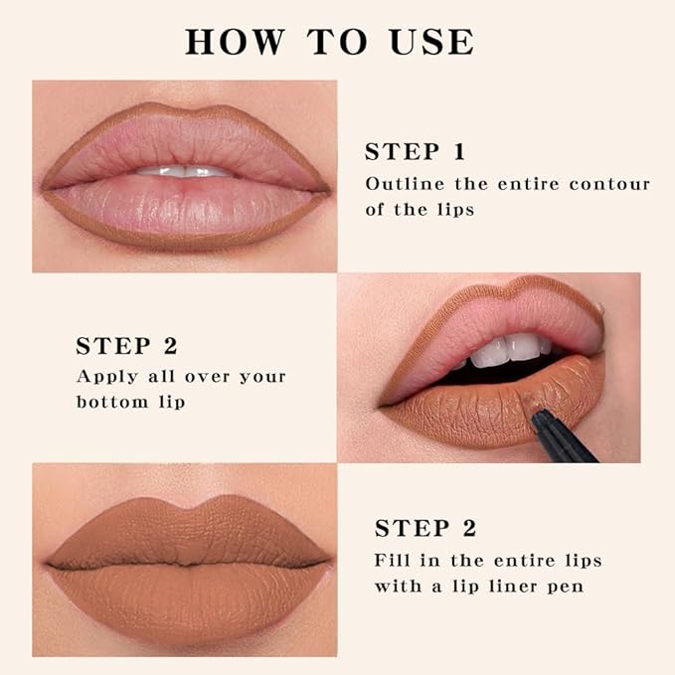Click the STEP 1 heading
415,152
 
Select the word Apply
104,377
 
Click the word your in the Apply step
262,377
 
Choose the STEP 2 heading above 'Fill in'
424,528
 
